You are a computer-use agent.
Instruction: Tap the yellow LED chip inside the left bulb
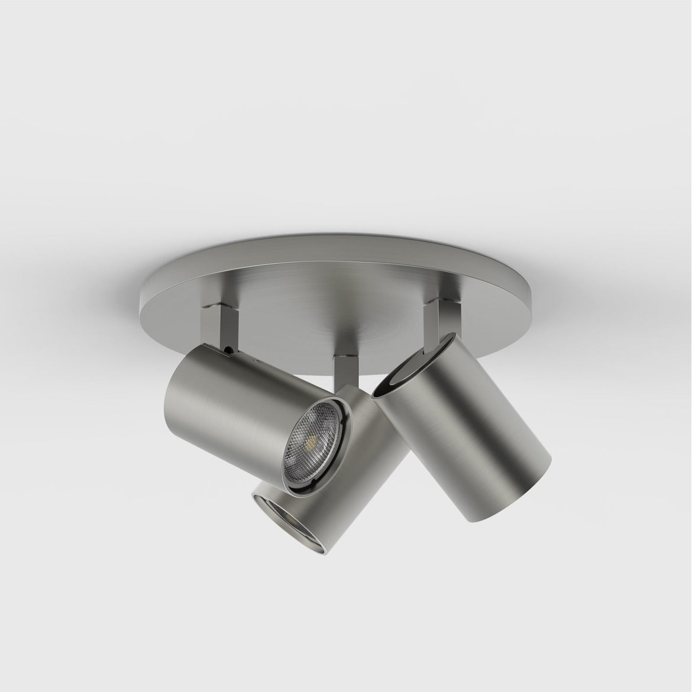[310, 441]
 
